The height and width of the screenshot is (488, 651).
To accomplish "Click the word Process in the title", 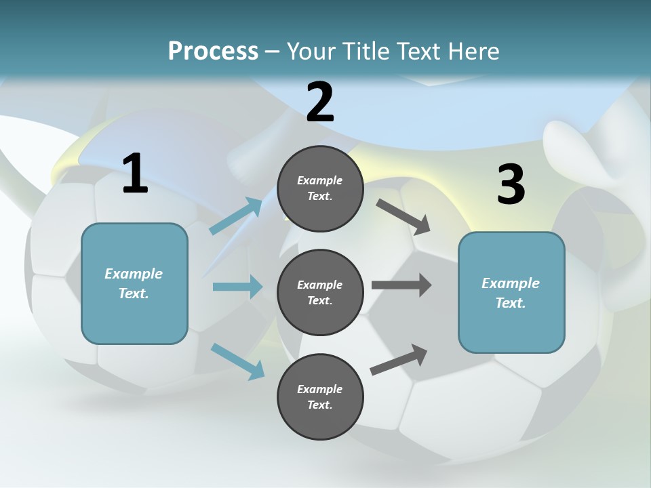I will (x=213, y=51).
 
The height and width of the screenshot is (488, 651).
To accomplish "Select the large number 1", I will (x=135, y=174).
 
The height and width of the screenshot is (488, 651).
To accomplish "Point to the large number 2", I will (x=320, y=103).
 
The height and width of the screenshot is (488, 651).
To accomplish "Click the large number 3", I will (x=511, y=185).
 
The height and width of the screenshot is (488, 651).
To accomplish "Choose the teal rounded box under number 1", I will (x=134, y=283).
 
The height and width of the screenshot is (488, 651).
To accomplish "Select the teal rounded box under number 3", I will (x=511, y=292).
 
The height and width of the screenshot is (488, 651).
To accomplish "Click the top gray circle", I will (x=320, y=188).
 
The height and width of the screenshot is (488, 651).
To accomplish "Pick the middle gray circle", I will (x=320, y=292).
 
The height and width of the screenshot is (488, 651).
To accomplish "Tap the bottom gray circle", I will (x=320, y=396).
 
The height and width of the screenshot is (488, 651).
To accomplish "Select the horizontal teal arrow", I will (x=237, y=287).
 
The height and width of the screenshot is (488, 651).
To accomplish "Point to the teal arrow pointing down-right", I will (x=237, y=361).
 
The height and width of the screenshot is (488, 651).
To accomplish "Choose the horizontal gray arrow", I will (x=401, y=285).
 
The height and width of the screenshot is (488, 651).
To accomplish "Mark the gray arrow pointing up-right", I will (x=399, y=360).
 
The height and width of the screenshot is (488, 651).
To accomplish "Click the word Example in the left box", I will (x=134, y=274).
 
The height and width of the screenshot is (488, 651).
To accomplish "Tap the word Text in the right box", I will (x=510, y=303).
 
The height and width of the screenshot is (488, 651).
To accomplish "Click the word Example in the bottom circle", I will (x=319, y=389).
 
